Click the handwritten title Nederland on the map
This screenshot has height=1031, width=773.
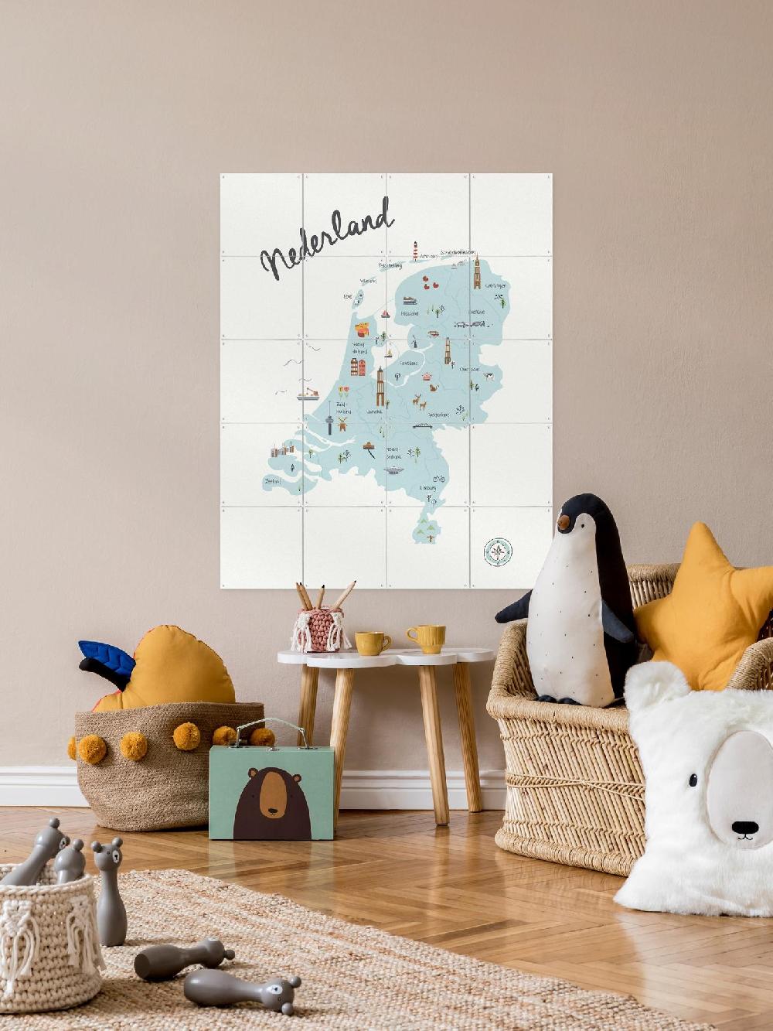[x=327, y=241]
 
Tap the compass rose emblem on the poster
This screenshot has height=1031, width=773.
[x=498, y=551]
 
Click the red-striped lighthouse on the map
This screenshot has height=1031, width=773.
[x=415, y=251]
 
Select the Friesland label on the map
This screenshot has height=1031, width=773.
[x=409, y=313]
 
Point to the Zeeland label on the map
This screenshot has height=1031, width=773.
[x=272, y=480]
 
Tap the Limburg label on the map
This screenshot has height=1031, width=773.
[x=427, y=488]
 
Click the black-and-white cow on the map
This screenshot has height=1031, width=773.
[x=488, y=376]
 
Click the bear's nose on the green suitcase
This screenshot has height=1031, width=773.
[x=271, y=813]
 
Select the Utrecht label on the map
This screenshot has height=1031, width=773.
[x=375, y=412]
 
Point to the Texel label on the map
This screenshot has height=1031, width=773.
[x=348, y=295]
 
